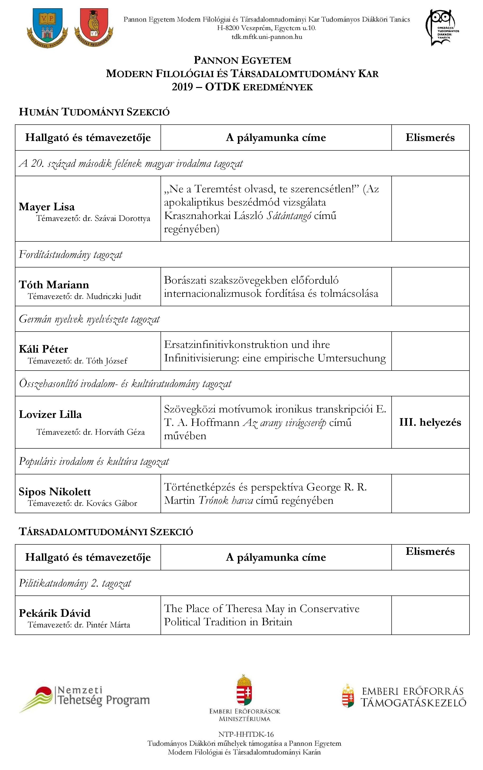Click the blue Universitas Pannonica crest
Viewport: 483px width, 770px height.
tap(48, 28)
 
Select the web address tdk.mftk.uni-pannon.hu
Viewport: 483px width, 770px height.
tap(267, 37)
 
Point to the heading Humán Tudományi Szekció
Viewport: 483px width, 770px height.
tap(94, 112)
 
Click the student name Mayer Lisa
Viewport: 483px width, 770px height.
tap(47, 207)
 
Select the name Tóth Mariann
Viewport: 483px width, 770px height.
tap(54, 284)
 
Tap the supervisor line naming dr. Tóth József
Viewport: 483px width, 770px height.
tap(78, 361)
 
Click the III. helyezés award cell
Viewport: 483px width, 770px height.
tap(430, 422)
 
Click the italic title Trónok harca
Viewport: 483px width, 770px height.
tap(226, 500)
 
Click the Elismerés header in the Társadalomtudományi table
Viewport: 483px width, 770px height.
tap(430, 551)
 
